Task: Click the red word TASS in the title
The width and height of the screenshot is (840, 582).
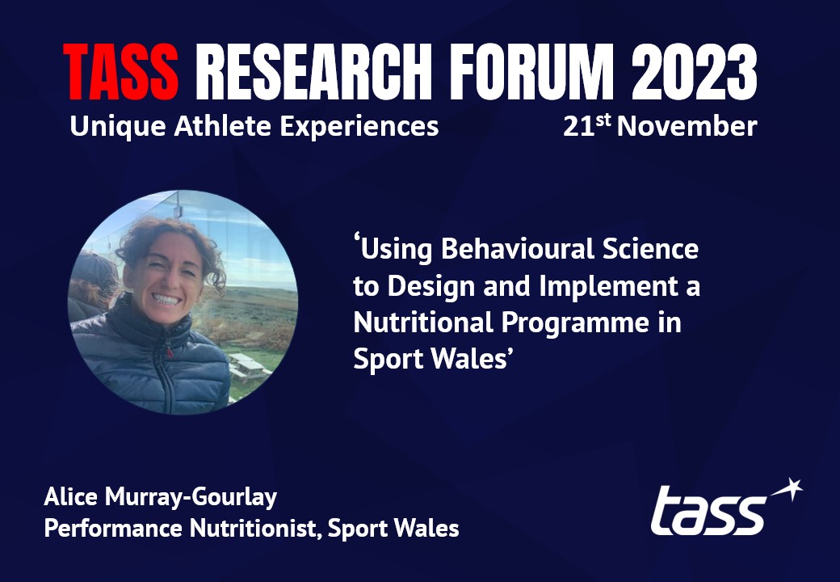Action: (121, 73)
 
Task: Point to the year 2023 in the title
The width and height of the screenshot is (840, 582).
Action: (695, 73)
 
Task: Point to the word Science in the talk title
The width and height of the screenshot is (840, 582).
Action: (652, 249)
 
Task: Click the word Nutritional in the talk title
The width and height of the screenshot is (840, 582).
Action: (418, 323)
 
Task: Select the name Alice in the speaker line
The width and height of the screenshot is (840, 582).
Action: (68, 497)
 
